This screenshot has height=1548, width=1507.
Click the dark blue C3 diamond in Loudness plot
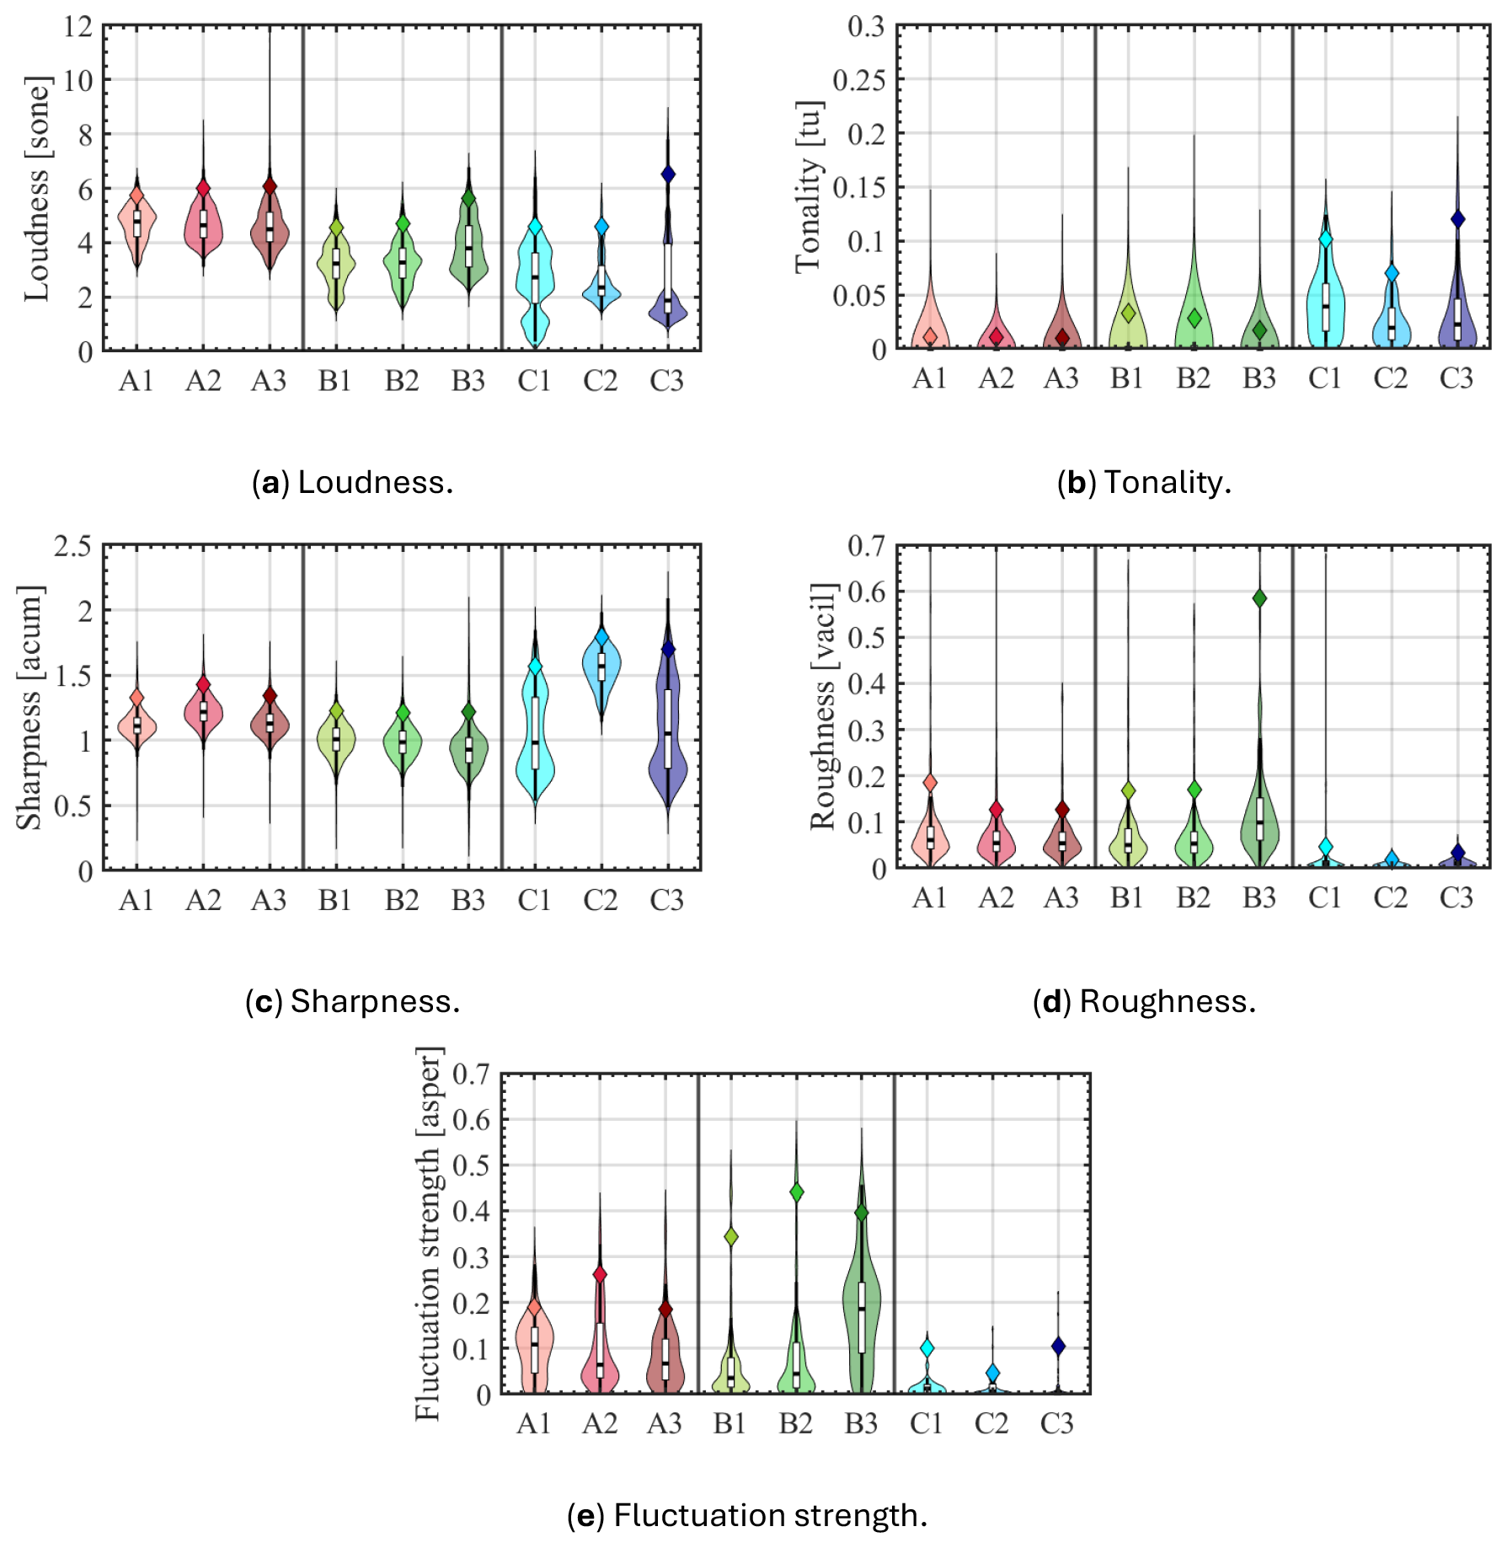[x=668, y=174]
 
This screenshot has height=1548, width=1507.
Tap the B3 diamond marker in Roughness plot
[x=1259, y=598]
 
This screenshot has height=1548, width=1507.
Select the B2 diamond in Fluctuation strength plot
[x=796, y=1192]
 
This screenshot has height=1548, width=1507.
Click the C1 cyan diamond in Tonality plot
[x=1325, y=239]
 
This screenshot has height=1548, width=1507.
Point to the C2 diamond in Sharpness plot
[x=601, y=637]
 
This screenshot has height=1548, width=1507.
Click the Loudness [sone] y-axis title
[x=38, y=189]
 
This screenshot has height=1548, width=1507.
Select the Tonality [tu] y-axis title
[x=810, y=187]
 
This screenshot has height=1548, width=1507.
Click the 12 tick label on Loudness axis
[x=77, y=27]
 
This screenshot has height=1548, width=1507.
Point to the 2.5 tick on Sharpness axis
[x=73, y=546]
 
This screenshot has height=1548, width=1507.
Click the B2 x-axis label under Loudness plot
[x=402, y=382]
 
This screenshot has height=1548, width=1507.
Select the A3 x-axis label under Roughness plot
[x=1061, y=898]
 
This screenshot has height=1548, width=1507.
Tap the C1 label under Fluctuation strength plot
[x=926, y=1423]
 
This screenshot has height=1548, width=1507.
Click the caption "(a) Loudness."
[x=352, y=483]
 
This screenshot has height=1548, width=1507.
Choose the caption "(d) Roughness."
[x=1144, y=1001]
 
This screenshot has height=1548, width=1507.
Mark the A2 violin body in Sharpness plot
[x=203, y=712]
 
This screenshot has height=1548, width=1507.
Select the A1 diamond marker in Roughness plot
[x=930, y=783]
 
